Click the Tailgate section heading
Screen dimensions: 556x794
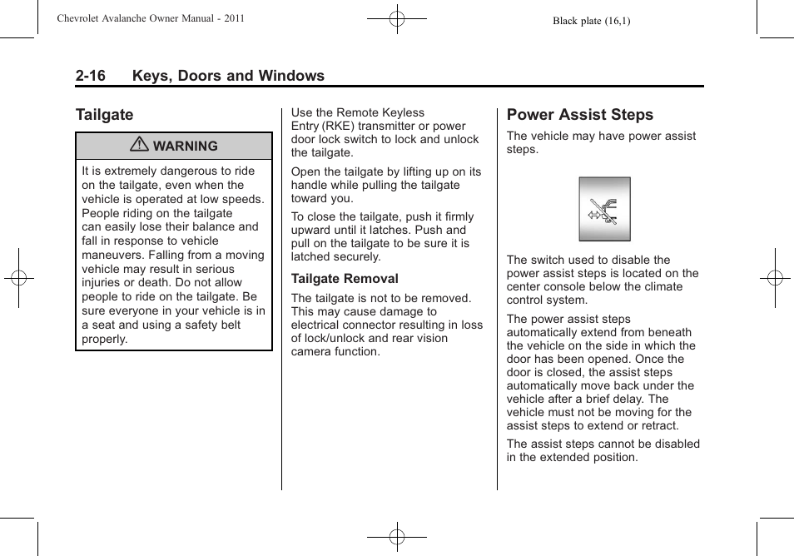pos(104,115)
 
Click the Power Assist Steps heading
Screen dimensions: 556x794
pos(579,115)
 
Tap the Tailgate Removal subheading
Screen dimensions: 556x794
pos(345,279)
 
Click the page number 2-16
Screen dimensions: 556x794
pos(90,76)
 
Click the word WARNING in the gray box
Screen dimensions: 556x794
pos(185,146)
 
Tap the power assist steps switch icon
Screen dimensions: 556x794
pos(604,209)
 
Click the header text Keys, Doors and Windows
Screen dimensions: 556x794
pos(228,76)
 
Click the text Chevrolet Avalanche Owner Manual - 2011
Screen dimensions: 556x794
pos(151,18)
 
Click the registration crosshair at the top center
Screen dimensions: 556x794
pos(397,17)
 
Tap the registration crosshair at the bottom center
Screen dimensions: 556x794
pos(397,537)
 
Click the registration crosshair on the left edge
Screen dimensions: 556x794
pos(17,278)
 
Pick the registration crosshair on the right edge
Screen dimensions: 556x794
pos(775,278)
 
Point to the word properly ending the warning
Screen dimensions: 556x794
pos(104,340)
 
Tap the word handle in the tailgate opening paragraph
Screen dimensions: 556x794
pos(310,186)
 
